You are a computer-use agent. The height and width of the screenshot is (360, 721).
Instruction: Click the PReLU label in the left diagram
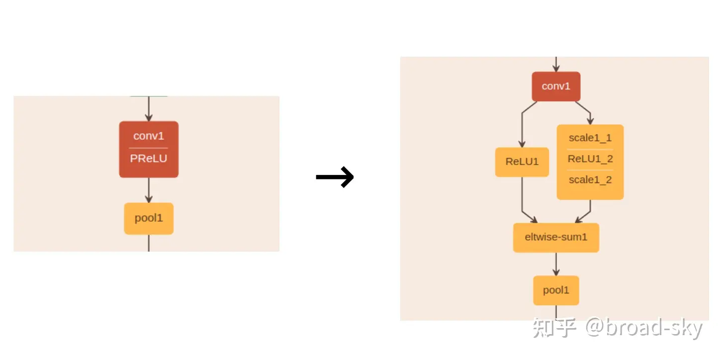click(x=149, y=159)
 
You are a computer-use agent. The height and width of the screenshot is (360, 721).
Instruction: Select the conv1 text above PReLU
click(x=149, y=136)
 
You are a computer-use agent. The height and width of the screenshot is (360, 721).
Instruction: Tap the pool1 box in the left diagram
click(x=149, y=218)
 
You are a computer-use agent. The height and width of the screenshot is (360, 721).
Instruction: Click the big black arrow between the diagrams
click(x=335, y=177)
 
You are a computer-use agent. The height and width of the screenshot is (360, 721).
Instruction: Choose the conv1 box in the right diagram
click(x=556, y=87)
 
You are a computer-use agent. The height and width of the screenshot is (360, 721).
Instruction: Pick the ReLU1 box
click(x=522, y=162)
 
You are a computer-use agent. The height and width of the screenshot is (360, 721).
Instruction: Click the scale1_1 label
click(x=590, y=138)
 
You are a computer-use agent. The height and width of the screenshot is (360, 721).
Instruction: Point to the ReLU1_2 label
click(x=590, y=159)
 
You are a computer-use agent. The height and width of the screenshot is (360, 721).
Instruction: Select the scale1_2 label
click(x=590, y=180)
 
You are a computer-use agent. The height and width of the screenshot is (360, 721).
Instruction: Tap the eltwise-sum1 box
click(x=556, y=237)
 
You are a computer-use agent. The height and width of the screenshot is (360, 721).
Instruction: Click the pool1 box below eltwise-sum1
click(x=556, y=290)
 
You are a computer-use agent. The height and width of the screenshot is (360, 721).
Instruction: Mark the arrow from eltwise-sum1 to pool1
click(x=556, y=264)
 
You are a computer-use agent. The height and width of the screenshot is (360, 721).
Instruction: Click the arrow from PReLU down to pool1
click(x=149, y=190)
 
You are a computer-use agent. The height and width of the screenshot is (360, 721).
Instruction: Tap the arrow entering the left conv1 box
click(x=149, y=108)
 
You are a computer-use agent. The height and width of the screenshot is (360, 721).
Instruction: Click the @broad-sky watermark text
click(x=644, y=329)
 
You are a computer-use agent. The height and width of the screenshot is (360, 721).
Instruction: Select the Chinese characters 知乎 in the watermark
click(x=554, y=329)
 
